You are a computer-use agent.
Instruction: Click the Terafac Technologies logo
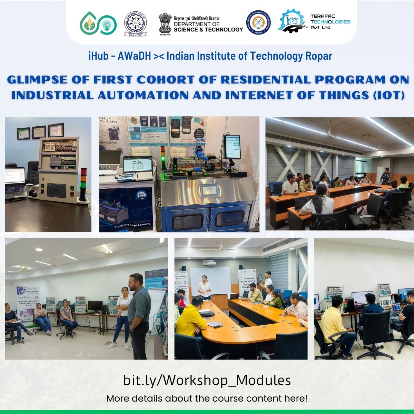(x=314, y=21)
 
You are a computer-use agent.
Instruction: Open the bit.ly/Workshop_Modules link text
(x=207, y=380)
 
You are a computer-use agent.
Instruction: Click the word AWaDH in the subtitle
(x=134, y=56)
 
